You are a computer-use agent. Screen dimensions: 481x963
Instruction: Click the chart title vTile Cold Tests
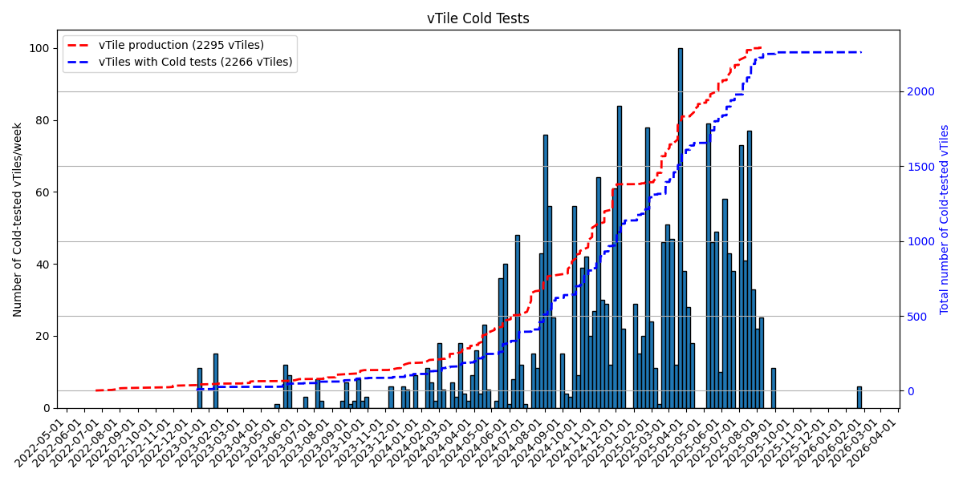coord(477,18)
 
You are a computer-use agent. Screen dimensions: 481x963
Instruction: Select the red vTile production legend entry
coord(181,45)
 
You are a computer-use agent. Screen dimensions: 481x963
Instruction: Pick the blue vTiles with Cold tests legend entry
coord(195,62)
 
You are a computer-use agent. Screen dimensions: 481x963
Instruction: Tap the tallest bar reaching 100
coord(680,228)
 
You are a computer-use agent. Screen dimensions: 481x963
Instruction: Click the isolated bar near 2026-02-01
coord(859,398)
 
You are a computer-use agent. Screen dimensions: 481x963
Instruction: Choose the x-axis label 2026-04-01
coord(878,439)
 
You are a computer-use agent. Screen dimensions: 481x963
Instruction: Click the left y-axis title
coord(18,219)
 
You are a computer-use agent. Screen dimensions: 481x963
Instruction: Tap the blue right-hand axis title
coord(945,219)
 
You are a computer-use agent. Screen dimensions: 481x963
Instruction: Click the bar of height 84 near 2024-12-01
coord(619,257)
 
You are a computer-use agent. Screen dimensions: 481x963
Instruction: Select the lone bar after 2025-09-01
coord(774,388)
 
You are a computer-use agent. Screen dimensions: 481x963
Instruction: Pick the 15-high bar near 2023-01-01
coord(215,381)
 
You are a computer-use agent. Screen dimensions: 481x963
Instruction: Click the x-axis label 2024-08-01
coord(526,439)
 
